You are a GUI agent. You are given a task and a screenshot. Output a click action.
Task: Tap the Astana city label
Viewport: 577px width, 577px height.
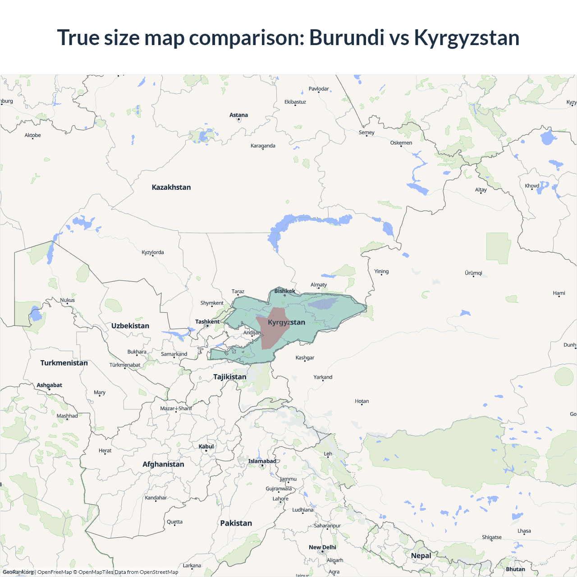(x=238, y=115)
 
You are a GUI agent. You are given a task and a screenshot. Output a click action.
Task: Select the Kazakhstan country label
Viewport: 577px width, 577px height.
(x=171, y=187)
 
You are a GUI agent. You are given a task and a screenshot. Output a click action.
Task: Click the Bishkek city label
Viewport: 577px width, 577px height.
(x=285, y=291)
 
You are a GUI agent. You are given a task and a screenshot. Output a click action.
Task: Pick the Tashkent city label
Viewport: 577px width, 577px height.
(x=207, y=321)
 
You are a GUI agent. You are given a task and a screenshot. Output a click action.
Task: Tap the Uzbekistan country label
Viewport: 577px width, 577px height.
(x=130, y=325)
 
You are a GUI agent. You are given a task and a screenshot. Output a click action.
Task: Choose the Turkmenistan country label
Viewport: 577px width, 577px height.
(x=64, y=363)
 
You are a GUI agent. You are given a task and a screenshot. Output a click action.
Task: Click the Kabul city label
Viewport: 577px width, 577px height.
(x=206, y=446)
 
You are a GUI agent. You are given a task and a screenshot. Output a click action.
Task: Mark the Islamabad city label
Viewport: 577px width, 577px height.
(x=262, y=461)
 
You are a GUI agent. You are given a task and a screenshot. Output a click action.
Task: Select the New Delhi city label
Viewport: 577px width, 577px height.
(x=322, y=547)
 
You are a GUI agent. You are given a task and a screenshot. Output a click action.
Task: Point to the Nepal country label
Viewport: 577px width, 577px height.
(x=421, y=555)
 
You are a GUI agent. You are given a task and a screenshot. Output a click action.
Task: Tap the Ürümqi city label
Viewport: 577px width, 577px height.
(x=473, y=273)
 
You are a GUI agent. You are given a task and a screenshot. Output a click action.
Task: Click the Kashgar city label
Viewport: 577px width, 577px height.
(x=305, y=357)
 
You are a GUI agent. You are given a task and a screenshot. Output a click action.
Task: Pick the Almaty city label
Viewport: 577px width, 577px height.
(x=319, y=284)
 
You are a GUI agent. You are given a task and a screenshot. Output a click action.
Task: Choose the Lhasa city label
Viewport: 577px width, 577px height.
(x=524, y=531)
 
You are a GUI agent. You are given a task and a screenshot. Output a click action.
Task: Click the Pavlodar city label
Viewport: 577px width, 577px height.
(x=319, y=89)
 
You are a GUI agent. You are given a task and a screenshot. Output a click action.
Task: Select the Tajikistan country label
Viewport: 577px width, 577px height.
(x=230, y=376)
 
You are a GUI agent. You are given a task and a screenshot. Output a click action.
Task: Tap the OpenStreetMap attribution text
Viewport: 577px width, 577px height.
(x=159, y=572)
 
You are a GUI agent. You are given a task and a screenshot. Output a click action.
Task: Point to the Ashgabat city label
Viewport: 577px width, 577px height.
(x=50, y=385)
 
